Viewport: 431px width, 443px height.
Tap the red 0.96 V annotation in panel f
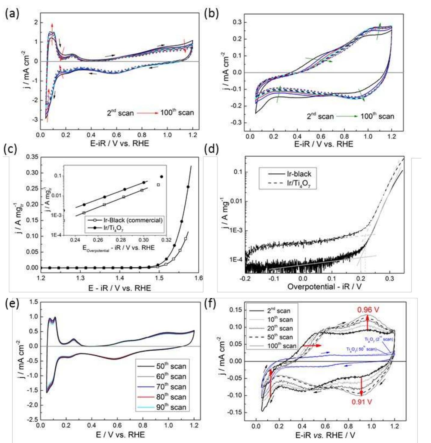click(x=368, y=310)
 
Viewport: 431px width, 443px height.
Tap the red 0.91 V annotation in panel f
click(x=362, y=402)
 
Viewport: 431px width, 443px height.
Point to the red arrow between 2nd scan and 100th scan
click(x=147, y=113)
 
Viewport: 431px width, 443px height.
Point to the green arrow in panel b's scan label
click(x=347, y=116)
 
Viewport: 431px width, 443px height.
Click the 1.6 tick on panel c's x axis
click(x=199, y=278)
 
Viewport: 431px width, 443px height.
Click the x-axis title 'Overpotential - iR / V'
click(x=324, y=287)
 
